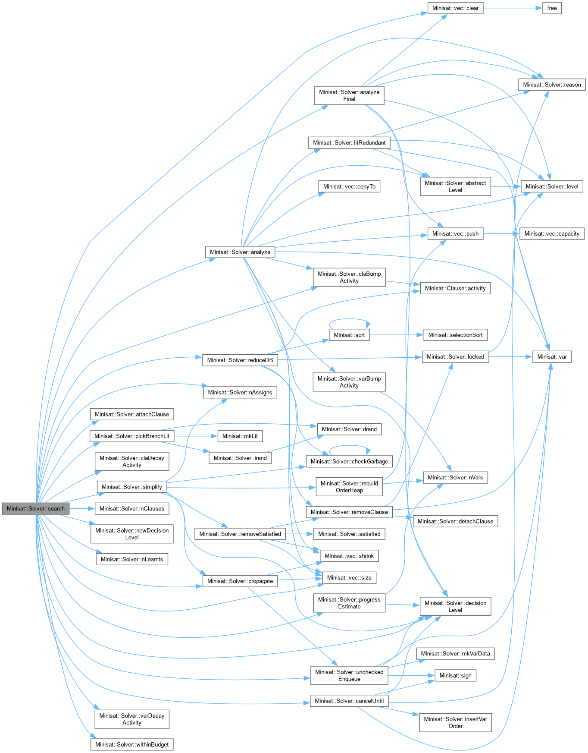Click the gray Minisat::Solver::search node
click(x=35, y=508)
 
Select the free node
click(x=552, y=8)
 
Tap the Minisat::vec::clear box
click(x=455, y=8)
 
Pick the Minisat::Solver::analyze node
click(x=240, y=252)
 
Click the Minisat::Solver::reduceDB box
click(x=240, y=360)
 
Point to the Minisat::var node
click(x=552, y=356)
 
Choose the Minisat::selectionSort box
click(x=455, y=335)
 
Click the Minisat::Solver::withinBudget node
click(x=131, y=744)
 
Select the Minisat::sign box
click(x=455, y=675)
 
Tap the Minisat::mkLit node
click(x=240, y=436)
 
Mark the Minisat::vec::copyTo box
click(x=349, y=186)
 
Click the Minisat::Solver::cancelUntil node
click(x=349, y=701)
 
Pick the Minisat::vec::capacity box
click(x=552, y=233)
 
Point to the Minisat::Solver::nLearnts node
click(x=131, y=559)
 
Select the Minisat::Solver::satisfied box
click(x=349, y=534)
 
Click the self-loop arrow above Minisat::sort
click(x=349, y=320)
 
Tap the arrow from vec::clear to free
click(x=513, y=8)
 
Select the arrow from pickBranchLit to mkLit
click(x=196, y=436)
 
